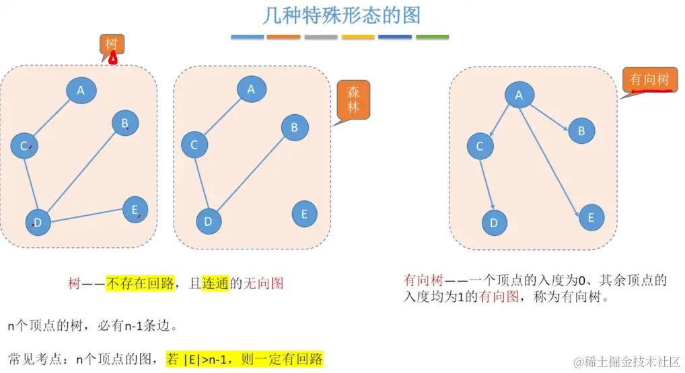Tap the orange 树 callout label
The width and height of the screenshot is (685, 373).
(112, 44)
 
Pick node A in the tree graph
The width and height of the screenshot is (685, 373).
(81, 91)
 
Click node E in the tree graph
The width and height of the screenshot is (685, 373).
(135, 210)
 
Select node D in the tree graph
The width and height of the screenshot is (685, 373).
(38, 222)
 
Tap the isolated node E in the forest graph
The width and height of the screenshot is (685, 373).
(304, 214)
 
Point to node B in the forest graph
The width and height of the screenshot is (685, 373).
(294, 127)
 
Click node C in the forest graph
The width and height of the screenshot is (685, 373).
(194, 144)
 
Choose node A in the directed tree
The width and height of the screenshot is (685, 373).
(519, 95)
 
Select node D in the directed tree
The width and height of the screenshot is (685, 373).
(495, 222)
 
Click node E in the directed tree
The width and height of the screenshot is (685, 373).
(591, 218)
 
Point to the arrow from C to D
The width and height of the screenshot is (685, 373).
(487, 183)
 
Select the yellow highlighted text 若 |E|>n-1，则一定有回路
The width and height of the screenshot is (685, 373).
(245, 358)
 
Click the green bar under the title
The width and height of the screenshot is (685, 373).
(432, 37)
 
